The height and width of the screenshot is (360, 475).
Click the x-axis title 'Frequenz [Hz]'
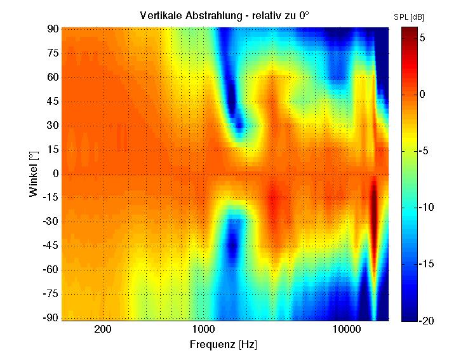coord(223,344)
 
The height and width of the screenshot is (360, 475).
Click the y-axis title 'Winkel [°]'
coord(33,173)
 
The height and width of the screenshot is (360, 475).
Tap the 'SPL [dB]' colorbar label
coord(409,17)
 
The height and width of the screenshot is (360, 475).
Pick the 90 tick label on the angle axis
coord(51,29)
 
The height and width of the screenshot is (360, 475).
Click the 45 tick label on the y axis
coord(51,102)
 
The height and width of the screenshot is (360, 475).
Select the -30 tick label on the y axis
coord(50,222)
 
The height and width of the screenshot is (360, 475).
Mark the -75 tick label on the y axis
coord(50,294)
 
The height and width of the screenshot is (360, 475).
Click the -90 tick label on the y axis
coord(50,317)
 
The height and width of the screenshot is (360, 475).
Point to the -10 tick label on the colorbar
coord(425,208)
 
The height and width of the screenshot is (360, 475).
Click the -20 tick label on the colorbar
coord(425,321)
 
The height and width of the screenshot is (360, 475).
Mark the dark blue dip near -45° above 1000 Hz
coord(233,242)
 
